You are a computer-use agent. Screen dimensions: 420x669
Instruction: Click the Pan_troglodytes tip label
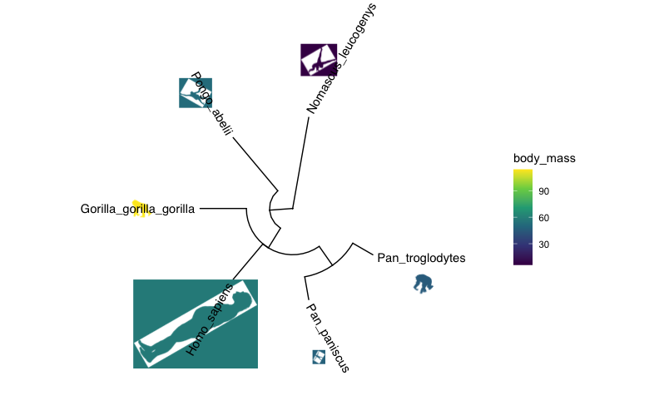pyautogui.click(x=421, y=258)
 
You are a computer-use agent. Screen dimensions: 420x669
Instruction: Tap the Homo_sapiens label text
pyautogui.click(x=211, y=319)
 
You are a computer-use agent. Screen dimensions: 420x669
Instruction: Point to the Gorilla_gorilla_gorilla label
pyautogui.click(x=137, y=209)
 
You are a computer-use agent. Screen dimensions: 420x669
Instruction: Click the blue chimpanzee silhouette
pyautogui.click(x=424, y=284)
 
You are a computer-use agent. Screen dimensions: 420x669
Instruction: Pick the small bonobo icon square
pyautogui.click(x=318, y=357)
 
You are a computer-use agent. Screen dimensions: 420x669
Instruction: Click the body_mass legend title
pyautogui.click(x=545, y=158)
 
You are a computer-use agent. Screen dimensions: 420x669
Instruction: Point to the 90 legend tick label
pyautogui.click(x=543, y=191)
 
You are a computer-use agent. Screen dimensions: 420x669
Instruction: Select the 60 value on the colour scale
pyautogui.click(x=543, y=218)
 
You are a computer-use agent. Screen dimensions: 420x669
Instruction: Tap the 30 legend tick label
pyautogui.click(x=543, y=245)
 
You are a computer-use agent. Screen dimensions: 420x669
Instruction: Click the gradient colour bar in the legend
pyautogui.click(x=523, y=216)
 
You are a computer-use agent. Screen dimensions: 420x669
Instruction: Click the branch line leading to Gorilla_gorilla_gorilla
pyautogui.click(x=222, y=208)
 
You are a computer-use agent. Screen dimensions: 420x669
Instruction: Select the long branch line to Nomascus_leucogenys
pyautogui.click(x=300, y=162)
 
